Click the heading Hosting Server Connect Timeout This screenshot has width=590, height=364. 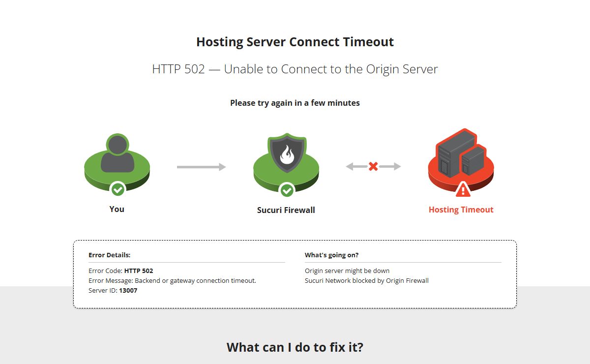pos(295,42)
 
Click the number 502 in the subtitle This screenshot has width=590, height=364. pos(194,69)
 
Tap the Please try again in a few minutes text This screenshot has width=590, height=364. pos(295,103)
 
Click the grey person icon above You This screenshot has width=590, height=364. pos(118,153)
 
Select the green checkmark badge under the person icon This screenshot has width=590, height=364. pos(118,189)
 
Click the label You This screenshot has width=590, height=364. pos(117,209)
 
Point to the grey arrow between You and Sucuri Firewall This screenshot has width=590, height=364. pos(202,167)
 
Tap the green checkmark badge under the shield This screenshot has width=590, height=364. pos(287,190)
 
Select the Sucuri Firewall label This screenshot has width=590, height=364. pos(286,210)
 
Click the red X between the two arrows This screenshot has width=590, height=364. pos(373,166)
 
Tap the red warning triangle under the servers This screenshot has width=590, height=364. pos(463,190)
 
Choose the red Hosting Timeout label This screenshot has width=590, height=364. pos(461,210)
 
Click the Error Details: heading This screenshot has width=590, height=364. pos(109,255)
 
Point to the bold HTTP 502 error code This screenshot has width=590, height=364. pos(139,271)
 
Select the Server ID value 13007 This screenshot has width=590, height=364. pos(128,290)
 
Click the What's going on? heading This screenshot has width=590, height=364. pos(331,255)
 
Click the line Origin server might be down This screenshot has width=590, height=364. pos(347,271)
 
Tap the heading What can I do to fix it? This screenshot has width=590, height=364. pos(295,347)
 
